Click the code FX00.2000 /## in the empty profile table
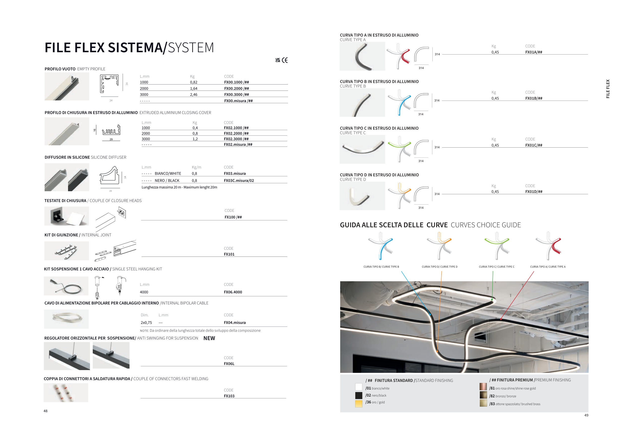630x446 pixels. [x=236, y=89]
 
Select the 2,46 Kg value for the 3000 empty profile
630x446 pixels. [x=194, y=95]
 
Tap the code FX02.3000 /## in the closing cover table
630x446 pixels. [x=236, y=139]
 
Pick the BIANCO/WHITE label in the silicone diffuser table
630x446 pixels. [x=168, y=174]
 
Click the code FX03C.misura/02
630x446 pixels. [x=239, y=180]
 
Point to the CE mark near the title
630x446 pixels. [x=285, y=60]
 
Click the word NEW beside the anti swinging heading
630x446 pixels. [x=209, y=338]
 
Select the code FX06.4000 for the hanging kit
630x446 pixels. [x=233, y=292]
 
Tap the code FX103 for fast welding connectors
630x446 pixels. [x=229, y=396]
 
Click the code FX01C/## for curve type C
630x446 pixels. [x=534, y=145]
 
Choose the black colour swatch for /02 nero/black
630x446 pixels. [x=359, y=396]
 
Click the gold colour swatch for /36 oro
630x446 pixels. [x=359, y=403]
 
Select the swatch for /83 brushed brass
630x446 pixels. [x=483, y=403]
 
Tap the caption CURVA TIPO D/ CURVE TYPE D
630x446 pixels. [x=439, y=267]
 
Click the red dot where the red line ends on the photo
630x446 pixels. [x=501, y=319]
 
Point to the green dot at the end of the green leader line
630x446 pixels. [x=492, y=299]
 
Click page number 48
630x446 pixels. [x=46, y=411]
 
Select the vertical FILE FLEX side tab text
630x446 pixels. [x=608, y=89]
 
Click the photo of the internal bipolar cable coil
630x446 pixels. [x=67, y=319]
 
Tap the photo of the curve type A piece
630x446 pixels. [x=362, y=57]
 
